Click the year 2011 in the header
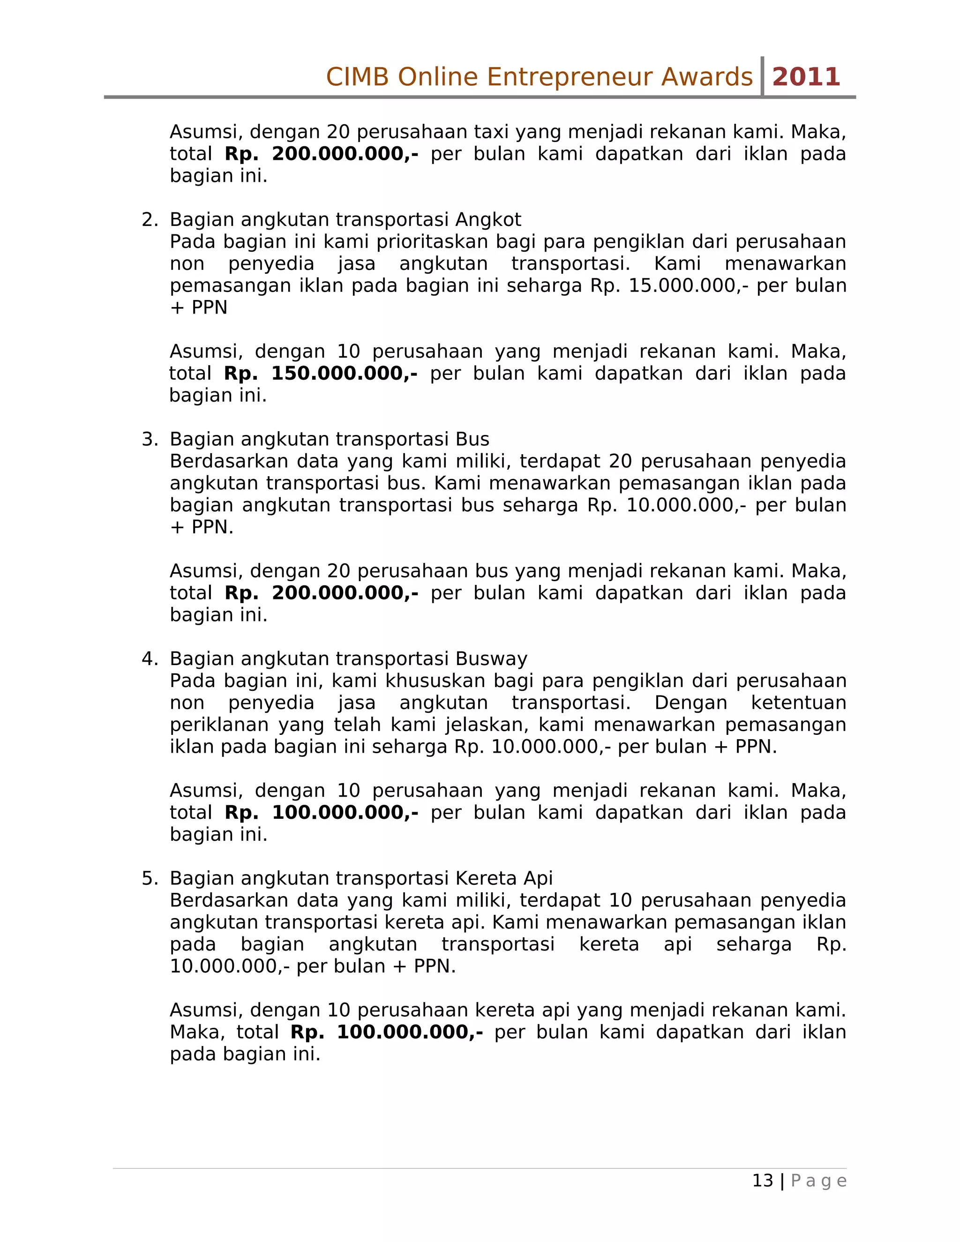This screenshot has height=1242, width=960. pos(806,77)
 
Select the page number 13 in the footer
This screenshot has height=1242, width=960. pos(763,1181)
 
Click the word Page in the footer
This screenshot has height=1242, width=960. pos(818,1181)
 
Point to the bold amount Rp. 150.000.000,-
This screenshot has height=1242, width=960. pos(321,374)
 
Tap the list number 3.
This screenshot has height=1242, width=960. pos(149,439)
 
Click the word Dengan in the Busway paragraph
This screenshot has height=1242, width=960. pos(690,703)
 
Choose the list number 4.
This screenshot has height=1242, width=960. pos(149,658)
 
